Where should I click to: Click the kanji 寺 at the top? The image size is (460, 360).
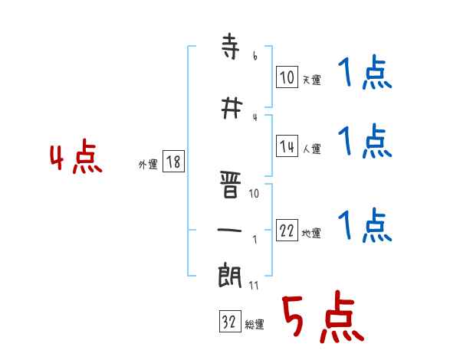[x=230, y=46]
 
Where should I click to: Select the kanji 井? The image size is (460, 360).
[x=232, y=108]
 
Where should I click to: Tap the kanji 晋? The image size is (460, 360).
[x=230, y=185]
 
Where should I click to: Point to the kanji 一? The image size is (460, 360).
[x=229, y=230]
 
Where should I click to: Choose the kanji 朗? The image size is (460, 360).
[x=230, y=275]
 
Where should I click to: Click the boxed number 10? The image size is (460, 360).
[x=287, y=77]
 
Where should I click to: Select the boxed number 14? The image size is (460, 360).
[x=287, y=146]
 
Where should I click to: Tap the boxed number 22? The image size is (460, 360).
[x=287, y=230]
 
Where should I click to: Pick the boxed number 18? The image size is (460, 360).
[x=173, y=162]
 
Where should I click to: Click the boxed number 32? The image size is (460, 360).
[x=230, y=321]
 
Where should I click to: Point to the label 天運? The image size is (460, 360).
[x=311, y=80]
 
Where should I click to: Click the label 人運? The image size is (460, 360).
[x=311, y=149]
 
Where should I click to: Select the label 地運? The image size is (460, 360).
[x=311, y=234]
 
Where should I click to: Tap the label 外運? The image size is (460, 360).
[x=148, y=165]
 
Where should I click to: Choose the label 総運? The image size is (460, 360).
[x=255, y=325]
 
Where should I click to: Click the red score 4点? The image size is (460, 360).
[x=76, y=156]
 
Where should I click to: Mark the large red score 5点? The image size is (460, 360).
[x=323, y=316]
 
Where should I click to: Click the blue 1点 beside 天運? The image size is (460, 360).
[x=365, y=72]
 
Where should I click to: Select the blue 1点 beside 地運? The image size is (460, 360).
[x=365, y=225]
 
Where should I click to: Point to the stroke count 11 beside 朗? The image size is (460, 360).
[x=254, y=285]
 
